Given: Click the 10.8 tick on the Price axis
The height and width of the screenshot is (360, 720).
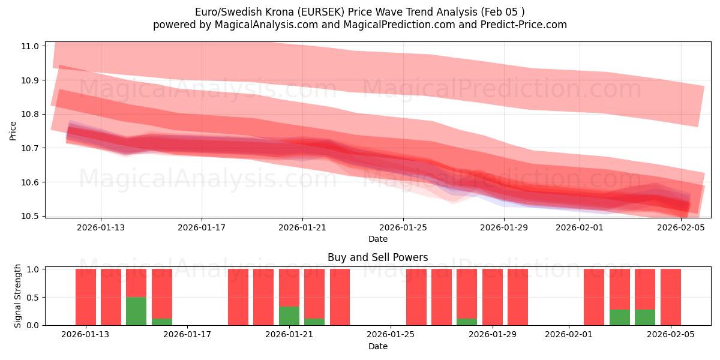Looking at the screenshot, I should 30,114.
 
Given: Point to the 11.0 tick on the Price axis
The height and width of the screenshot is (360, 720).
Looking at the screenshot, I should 30,46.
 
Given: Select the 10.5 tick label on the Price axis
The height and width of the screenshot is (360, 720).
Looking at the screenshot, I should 30,216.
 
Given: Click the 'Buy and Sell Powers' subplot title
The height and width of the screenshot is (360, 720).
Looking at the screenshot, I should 377,257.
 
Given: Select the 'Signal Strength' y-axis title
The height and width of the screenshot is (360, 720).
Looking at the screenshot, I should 18,296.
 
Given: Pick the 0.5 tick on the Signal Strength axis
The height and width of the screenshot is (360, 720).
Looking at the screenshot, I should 33,297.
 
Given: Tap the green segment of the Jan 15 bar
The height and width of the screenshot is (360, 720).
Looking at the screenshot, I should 136,311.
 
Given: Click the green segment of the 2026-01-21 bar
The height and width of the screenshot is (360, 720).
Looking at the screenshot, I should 289,316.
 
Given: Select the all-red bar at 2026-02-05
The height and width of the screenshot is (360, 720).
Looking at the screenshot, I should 670,297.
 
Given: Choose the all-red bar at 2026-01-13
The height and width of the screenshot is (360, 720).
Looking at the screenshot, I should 86,297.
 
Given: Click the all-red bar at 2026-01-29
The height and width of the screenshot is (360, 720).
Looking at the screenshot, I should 492,297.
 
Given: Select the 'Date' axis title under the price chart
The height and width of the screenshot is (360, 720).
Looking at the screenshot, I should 377,239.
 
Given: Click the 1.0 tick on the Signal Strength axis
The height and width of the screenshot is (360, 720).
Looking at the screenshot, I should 33,269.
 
